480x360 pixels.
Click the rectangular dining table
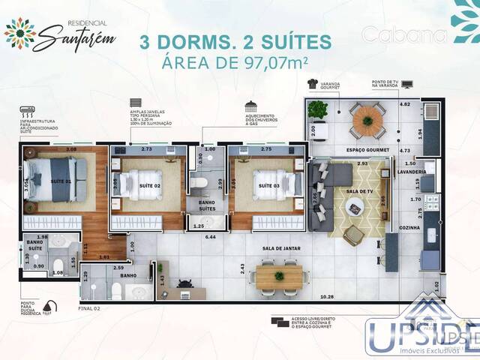[280, 276]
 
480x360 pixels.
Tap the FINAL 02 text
[89, 307]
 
